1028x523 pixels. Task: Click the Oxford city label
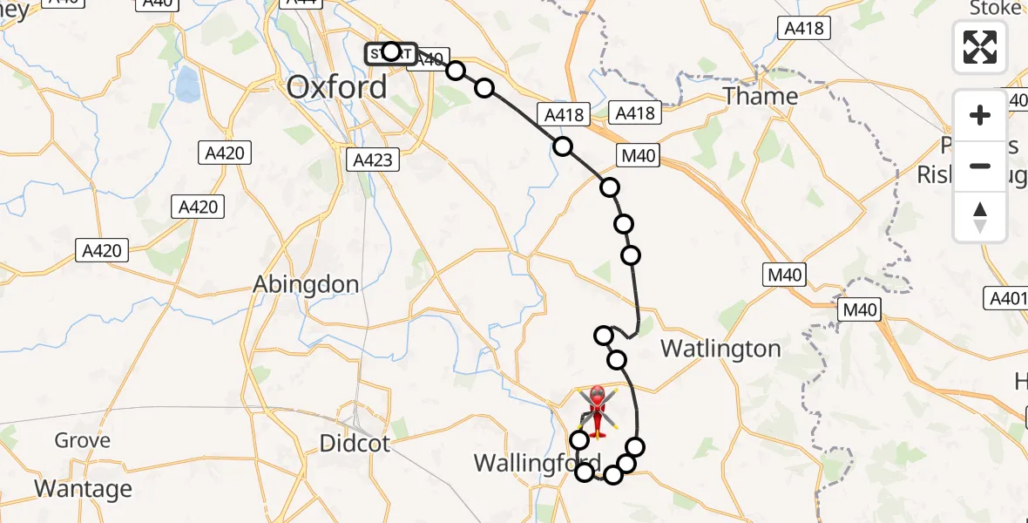tap(337, 87)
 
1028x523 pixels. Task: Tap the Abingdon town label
tap(305, 284)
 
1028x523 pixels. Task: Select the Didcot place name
tap(355, 443)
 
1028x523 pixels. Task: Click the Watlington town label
tap(720, 349)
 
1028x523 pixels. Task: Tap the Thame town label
tap(761, 96)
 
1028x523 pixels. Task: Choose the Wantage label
tap(85, 489)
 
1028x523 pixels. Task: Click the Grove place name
tap(83, 440)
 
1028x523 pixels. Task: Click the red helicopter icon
tap(598, 411)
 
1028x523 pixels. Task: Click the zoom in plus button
tap(981, 115)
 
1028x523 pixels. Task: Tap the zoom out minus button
tap(981, 166)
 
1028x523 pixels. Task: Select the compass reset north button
tap(981, 216)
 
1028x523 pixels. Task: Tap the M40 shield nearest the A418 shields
tap(638, 157)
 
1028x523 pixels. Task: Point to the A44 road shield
tap(302, 3)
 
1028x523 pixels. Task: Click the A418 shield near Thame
tap(802, 28)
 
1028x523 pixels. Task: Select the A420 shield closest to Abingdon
tap(103, 251)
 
